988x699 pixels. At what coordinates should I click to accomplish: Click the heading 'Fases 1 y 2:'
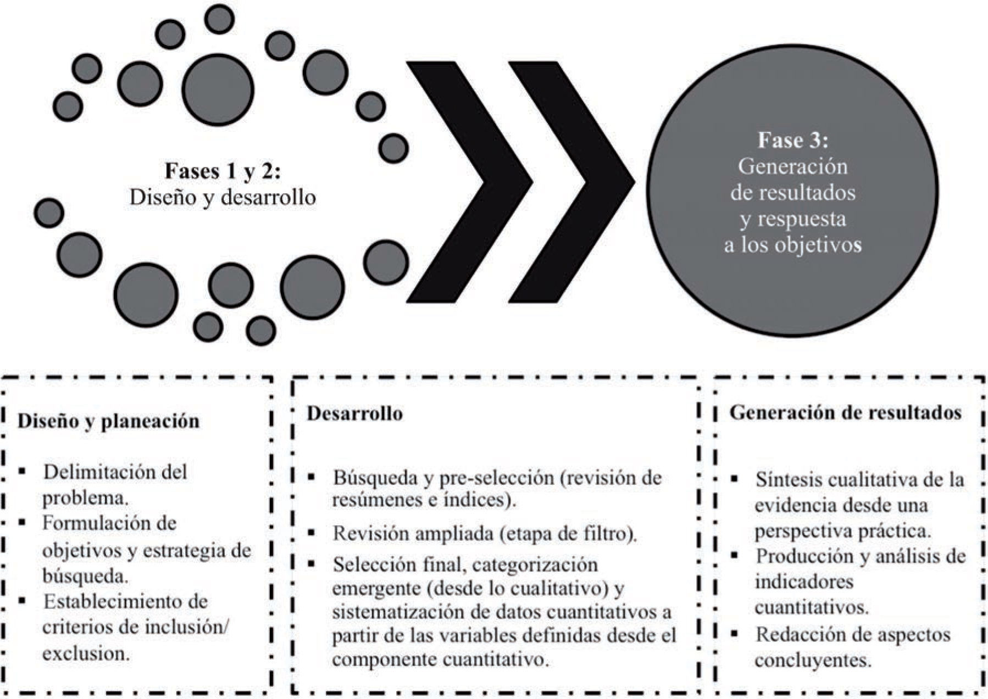pos(223,171)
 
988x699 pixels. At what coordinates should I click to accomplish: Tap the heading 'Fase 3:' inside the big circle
pos(792,140)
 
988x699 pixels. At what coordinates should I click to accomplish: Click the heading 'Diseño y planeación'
pos(108,421)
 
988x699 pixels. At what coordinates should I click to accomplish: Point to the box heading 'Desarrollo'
pos(354,413)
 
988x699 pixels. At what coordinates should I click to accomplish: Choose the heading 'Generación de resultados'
pos(845,413)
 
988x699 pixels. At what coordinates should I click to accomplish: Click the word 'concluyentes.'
pos(813,660)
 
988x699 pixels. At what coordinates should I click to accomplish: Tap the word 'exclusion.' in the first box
pos(86,653)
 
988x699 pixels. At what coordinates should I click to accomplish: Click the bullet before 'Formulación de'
pos(22,523)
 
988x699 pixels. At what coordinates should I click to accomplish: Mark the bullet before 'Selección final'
pos(312,564)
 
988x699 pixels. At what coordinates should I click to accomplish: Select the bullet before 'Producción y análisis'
pos(734,556)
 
